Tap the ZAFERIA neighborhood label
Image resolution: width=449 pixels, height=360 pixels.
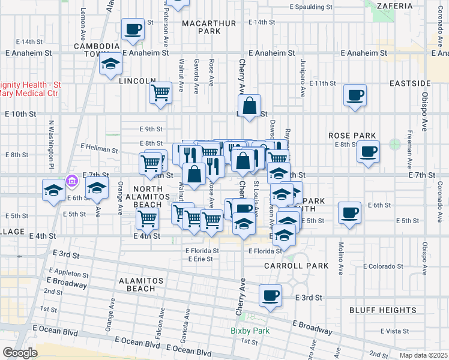(396, 5)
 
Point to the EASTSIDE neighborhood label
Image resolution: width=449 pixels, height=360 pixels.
(410, 83)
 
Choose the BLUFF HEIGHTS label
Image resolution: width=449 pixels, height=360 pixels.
(382, 310)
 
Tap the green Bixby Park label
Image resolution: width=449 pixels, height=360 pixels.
(250, 331)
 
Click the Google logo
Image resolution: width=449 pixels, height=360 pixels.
(20, 352)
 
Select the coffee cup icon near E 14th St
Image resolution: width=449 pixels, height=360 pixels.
(133, 28)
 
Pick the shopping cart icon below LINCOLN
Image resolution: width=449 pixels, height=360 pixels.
(160, 92)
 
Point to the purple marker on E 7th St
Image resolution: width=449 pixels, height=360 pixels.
(71, 179)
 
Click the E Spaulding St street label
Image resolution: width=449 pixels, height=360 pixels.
(310, 7)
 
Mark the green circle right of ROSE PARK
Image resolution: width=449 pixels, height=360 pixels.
(394, 144)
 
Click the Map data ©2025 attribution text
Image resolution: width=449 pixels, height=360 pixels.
(423, 355)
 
